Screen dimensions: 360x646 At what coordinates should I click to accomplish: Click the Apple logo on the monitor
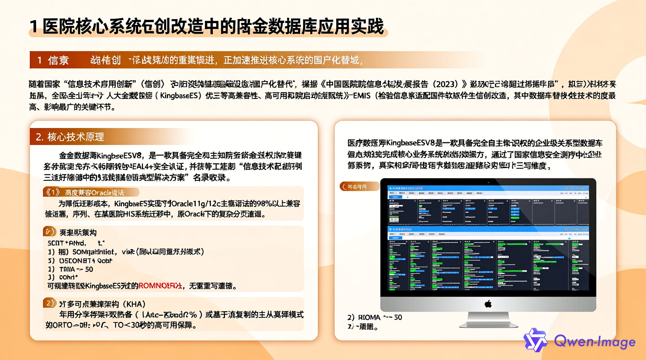[x=488, y=304]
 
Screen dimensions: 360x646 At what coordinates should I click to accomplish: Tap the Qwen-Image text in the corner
[x=594, y=342]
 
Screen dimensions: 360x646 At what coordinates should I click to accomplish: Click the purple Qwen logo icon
[x=535, y=340]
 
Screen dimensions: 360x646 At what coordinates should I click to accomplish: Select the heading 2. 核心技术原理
[x=70, y=137]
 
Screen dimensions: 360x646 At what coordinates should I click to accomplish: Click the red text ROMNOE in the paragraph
[x=160, y=286]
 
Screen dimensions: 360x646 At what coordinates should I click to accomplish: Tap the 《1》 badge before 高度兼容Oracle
[x=52, y=192]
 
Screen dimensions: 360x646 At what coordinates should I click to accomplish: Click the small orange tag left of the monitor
[x=359, y=187]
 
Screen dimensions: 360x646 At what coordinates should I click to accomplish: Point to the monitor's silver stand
[x=488, y=320]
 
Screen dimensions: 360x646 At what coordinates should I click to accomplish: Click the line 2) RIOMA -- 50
[x=375, y=317]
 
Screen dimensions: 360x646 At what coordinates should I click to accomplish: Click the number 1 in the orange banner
[x=39, y=60]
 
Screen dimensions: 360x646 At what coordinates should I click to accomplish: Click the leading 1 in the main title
[x=34, y=27]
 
